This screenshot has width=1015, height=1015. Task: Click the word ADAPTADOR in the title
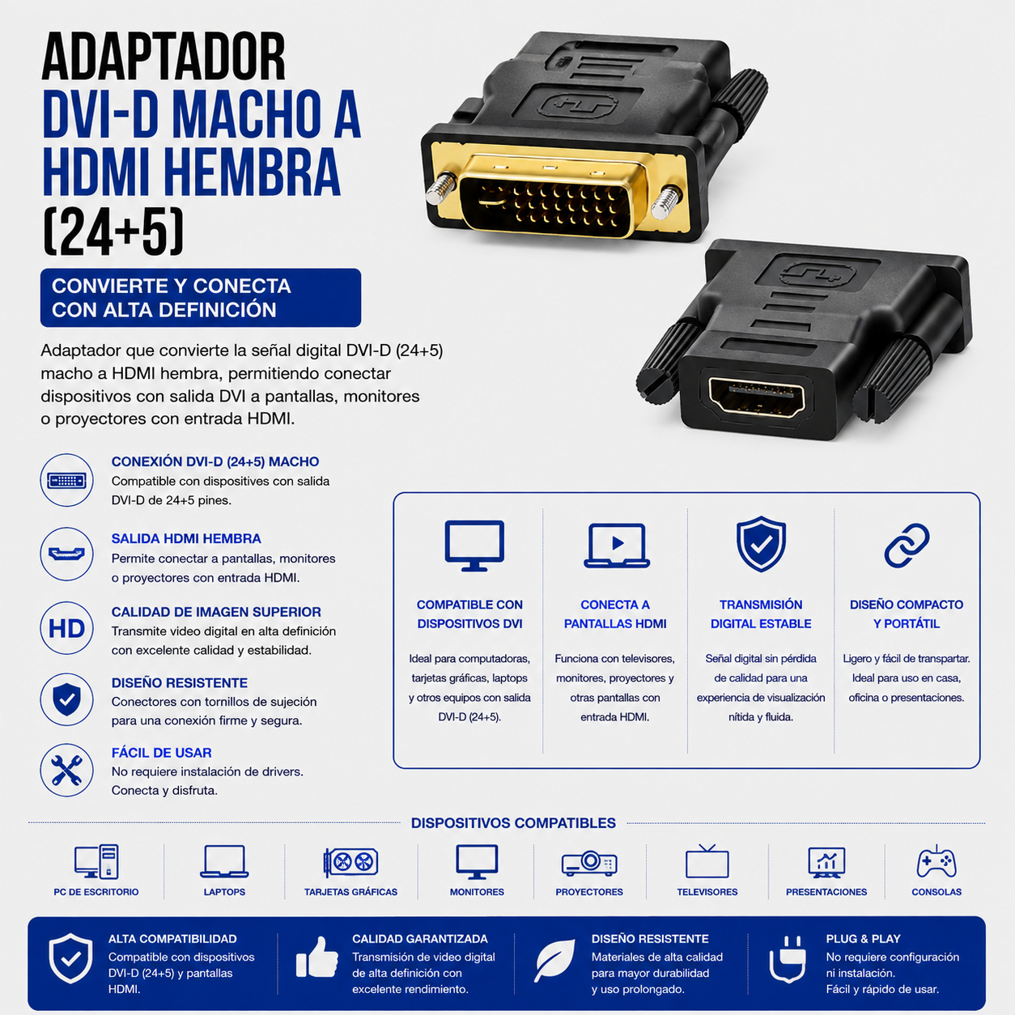[164, 57]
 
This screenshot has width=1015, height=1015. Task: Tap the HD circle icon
[67, 628]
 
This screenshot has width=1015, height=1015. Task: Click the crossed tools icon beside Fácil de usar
[67, 770]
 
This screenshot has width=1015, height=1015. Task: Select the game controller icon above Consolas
[936, 862]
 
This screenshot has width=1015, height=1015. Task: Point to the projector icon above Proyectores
[589, 863]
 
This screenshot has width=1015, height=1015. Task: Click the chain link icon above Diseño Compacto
[907, 546]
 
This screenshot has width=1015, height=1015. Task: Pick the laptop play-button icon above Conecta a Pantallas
[616, 546]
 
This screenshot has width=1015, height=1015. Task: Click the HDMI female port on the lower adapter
[757, 397]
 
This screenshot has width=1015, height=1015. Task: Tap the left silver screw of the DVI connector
[440, 189]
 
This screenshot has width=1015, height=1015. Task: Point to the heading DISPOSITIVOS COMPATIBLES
[513, 822]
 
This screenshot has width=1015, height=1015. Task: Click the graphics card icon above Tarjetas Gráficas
[350, 862]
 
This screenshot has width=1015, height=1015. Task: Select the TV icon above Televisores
[707, 861]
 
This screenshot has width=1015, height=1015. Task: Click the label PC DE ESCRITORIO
[96, 892]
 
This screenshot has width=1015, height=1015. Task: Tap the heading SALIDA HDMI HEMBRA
[186, 538]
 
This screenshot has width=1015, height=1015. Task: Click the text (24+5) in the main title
[113, 231]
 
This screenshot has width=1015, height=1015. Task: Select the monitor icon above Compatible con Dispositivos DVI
[474, 546]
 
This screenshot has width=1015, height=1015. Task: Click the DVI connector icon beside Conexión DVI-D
[67, 480]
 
